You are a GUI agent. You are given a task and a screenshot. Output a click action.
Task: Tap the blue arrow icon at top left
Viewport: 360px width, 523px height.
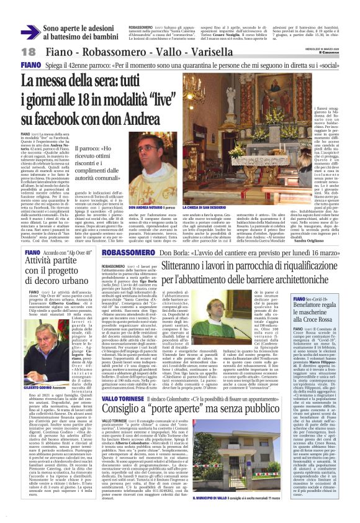[30, 31]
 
